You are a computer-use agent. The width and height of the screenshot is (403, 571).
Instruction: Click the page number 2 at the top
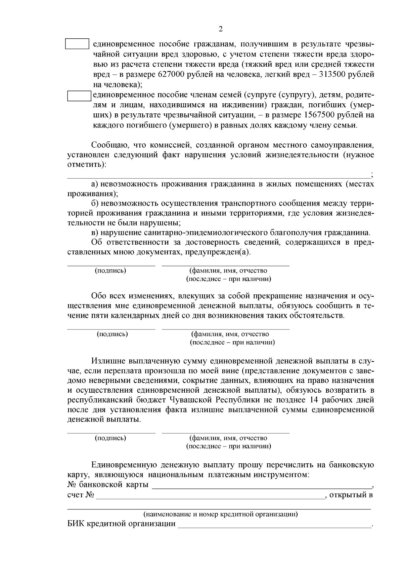tap(221, 29)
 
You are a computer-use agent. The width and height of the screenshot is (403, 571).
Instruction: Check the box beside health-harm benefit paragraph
tap(77, 44)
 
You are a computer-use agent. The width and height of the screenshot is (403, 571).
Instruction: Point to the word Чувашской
tap(190, 400)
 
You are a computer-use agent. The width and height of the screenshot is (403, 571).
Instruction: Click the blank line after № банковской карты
tap(262, 486)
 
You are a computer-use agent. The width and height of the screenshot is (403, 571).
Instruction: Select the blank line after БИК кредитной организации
tap(274, 525)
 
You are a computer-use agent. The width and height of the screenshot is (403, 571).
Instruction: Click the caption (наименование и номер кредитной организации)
tap(221, 514)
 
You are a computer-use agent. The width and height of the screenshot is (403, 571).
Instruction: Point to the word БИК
tap(76, 524)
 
